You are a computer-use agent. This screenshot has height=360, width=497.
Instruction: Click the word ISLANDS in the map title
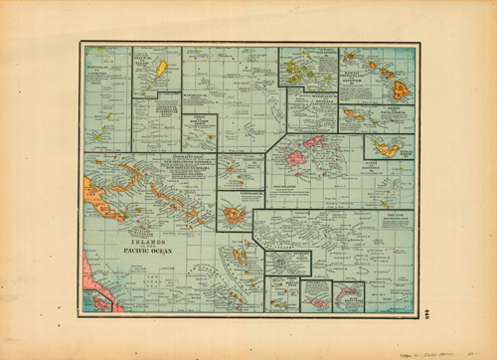click(138, 242)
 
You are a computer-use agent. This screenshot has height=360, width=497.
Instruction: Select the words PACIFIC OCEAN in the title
click(147, 251)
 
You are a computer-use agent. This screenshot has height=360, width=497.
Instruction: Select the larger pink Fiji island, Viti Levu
click(297, 156)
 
